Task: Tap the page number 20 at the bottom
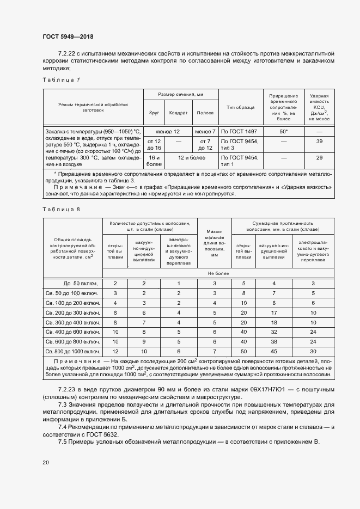point(46,462)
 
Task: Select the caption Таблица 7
point(61,80)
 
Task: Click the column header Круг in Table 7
point(154,113)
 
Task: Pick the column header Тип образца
point(240,107)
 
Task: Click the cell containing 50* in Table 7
point(283,132)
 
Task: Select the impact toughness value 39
point(319,142)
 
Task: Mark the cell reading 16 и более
point(154,161)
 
